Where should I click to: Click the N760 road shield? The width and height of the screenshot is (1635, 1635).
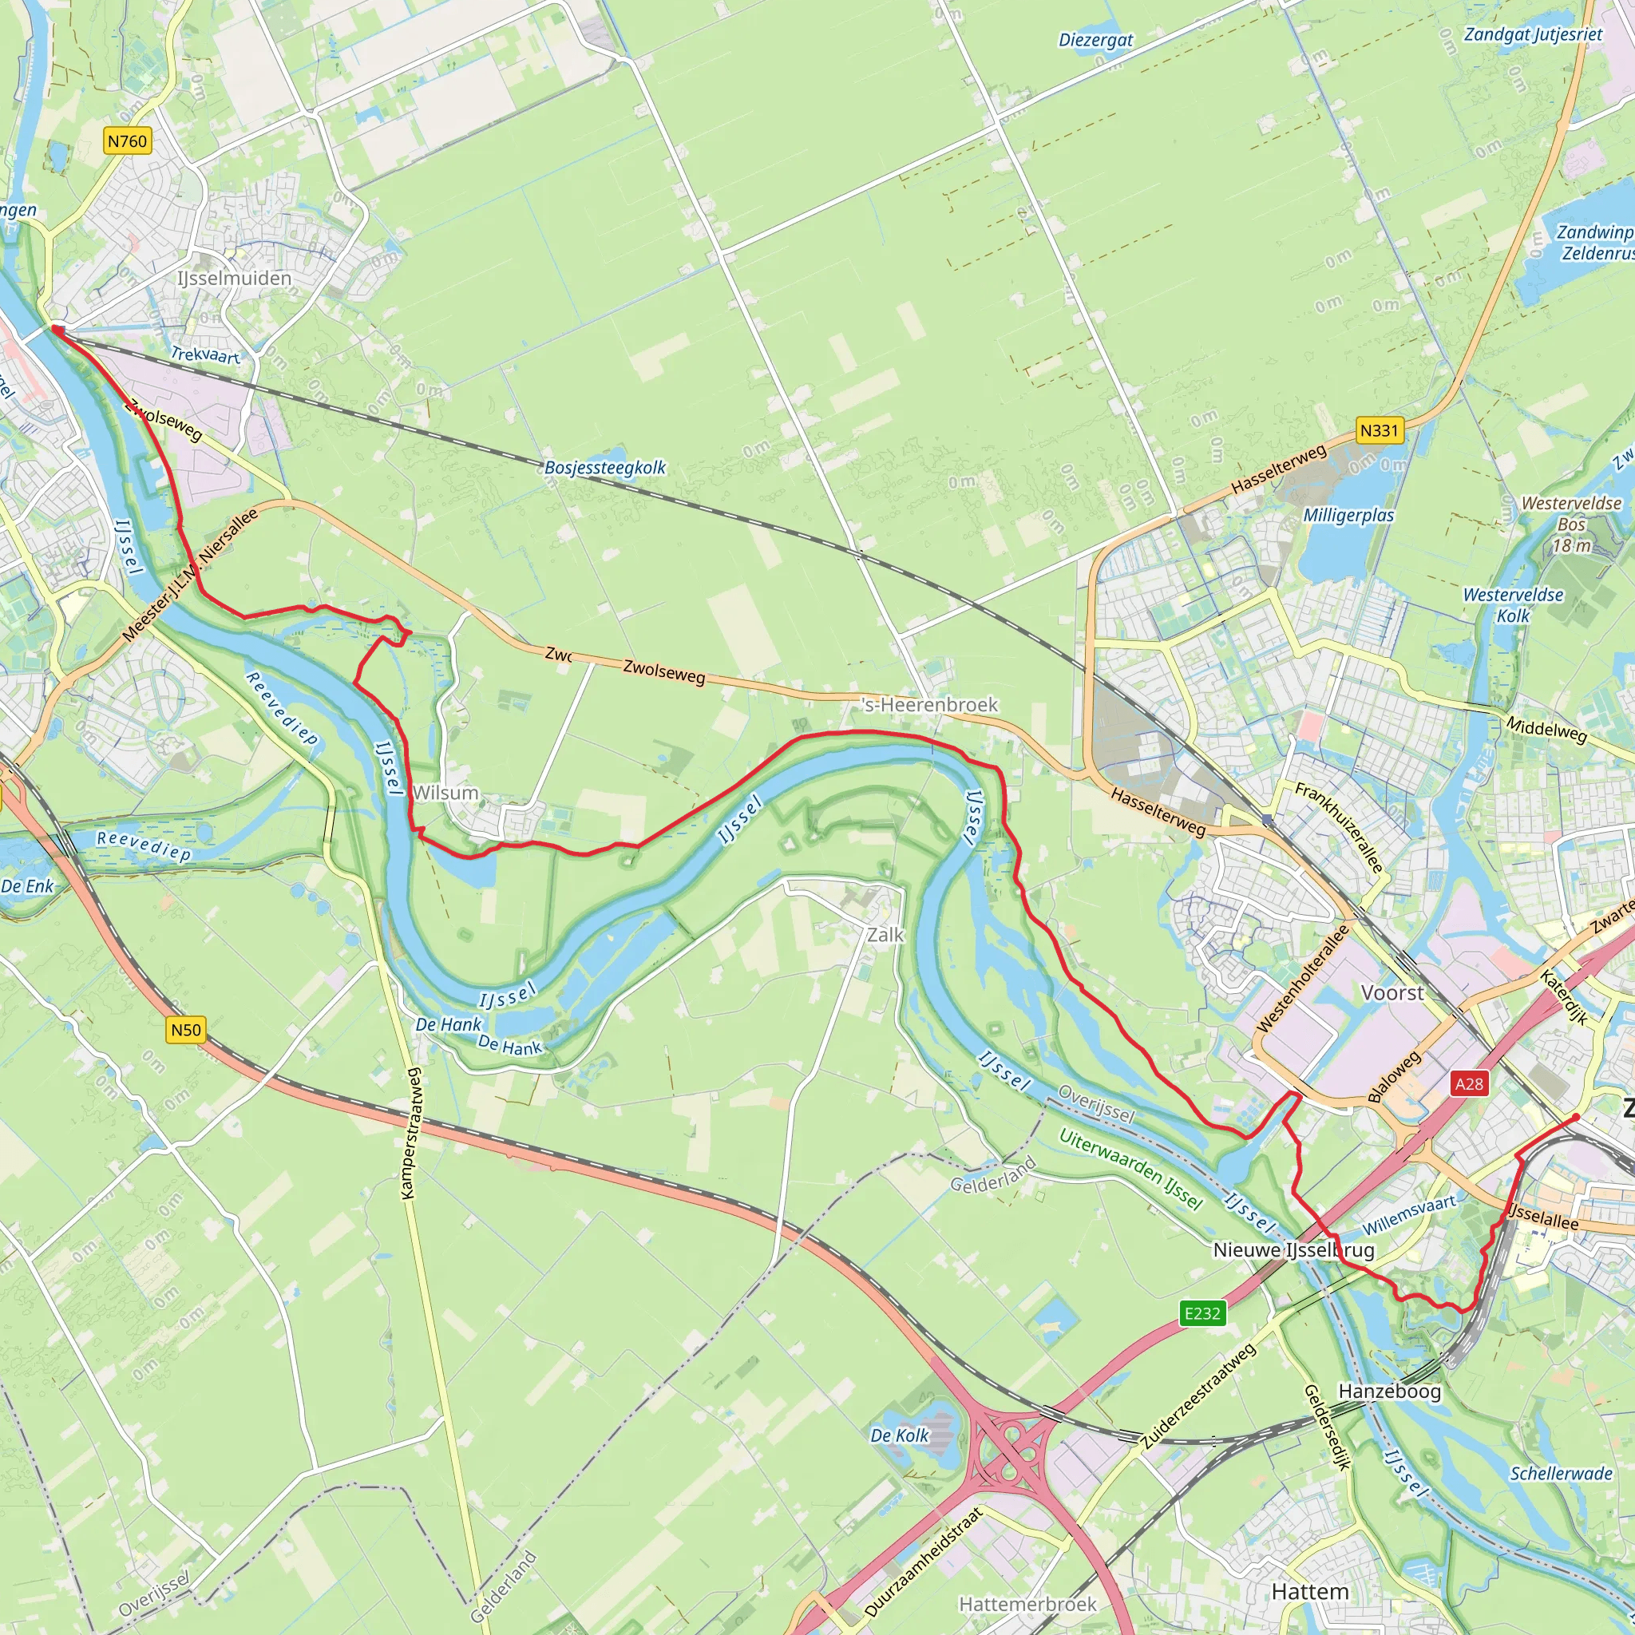point(128,141)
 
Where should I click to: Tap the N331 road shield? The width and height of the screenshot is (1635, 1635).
point(1379,431)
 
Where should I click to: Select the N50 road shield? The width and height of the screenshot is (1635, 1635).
point(186,1030)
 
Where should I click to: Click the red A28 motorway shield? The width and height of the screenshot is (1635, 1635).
point(1468,1084)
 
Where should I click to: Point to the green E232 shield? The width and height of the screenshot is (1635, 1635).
point(1202,1313)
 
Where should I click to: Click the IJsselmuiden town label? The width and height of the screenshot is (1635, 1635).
point(235,279)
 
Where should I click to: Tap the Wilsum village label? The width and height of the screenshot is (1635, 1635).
point(446,793)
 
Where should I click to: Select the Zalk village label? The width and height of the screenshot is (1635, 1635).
point(885,935)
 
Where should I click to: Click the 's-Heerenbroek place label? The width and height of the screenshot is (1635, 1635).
point(929,705)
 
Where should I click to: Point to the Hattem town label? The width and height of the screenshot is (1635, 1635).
point(1310,1592)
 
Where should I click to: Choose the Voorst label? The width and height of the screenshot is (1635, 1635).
point(1392,992)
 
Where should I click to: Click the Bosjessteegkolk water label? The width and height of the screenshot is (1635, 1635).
point(604,467)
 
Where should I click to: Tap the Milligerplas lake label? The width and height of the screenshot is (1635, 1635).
point(1348,516)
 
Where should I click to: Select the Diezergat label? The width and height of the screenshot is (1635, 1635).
point(1095,40)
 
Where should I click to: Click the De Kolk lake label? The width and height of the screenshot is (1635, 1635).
point(900,1435)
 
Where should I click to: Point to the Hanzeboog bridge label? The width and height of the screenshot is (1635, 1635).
point(1389,1392)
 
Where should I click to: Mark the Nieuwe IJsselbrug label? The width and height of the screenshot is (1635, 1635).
point(1293,1250)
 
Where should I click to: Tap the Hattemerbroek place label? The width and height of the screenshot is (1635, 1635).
point(1027,1605)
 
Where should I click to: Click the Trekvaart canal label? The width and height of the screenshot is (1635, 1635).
point(206,354)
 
